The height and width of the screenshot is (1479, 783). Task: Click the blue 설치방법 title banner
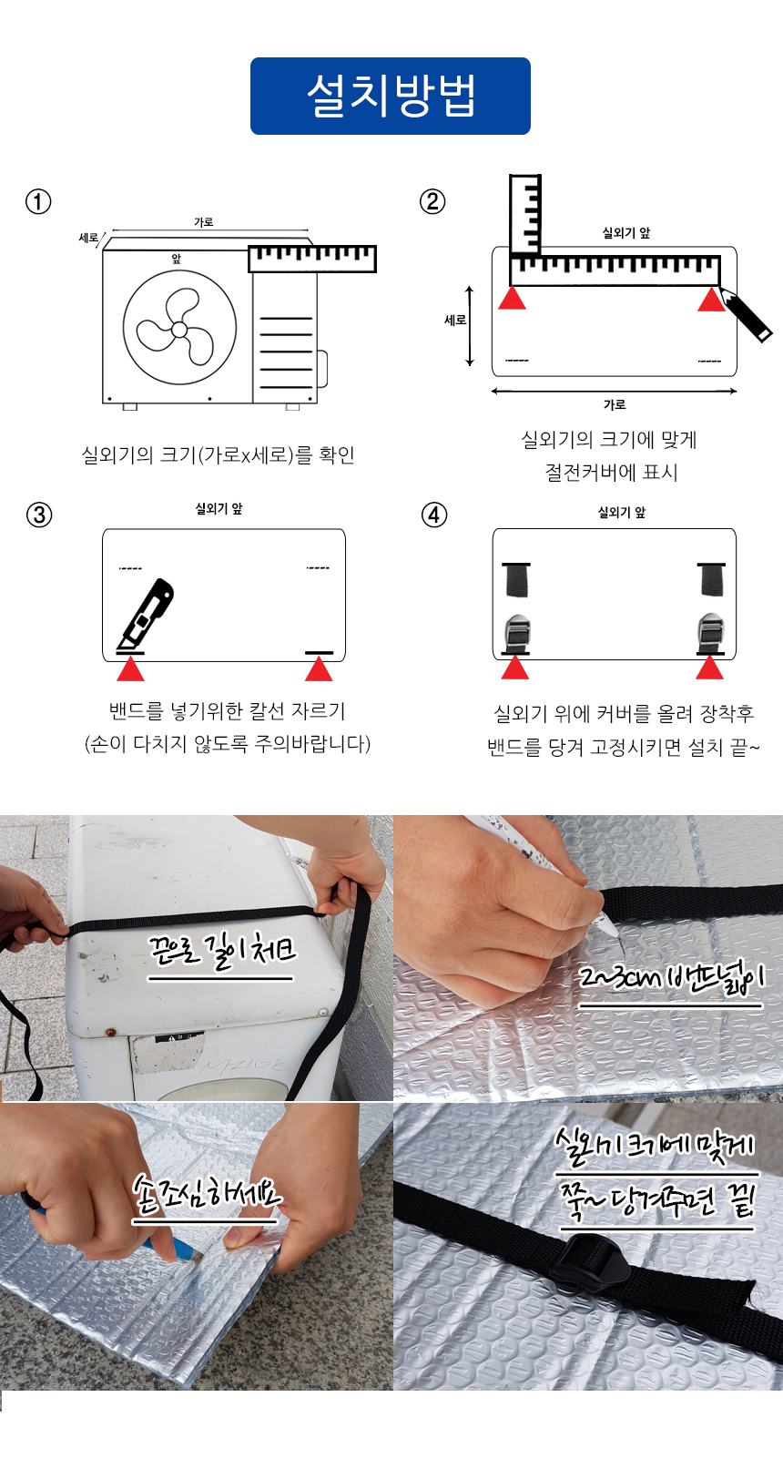click(391, 96)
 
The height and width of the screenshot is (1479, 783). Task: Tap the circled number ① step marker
click(38, 201)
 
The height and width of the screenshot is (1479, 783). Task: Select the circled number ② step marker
click(432, 201)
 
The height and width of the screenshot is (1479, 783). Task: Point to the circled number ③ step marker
click(39, 515)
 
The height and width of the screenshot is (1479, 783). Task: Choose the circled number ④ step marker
click(433, 515)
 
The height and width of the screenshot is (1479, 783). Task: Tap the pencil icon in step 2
click(745, 314)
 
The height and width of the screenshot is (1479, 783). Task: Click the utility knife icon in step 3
click(146, 614)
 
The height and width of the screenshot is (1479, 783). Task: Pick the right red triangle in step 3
click(319, 668)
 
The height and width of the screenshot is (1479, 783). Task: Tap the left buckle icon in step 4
click(516, 634)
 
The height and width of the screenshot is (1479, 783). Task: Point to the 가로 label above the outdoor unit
click(203, 222)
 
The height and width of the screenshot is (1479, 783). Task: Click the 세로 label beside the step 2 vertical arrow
click(455, 321)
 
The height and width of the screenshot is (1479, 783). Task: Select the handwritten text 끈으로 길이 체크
click(222, 952)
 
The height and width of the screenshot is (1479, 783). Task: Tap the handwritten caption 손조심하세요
click(206, 1194)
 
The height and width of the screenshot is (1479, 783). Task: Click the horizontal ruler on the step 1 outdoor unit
click(312, 259)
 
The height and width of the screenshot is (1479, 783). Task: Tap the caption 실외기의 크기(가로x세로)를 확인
click(218, 455)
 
